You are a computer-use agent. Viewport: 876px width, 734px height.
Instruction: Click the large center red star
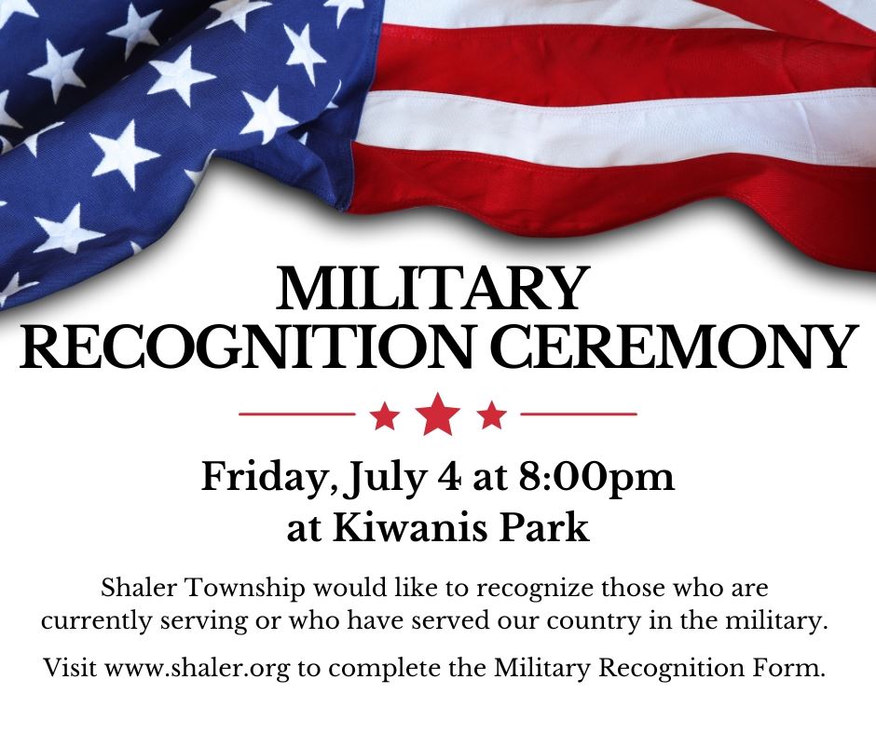[x=437, y=415]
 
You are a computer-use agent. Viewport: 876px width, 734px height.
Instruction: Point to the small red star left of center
[x=384, y=415]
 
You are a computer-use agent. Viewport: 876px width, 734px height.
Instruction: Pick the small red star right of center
[x=491, y=415]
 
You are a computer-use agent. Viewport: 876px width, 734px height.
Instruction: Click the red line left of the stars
[x=297, y=413]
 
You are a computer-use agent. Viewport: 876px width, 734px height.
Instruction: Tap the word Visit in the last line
[x=70, y=668]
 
